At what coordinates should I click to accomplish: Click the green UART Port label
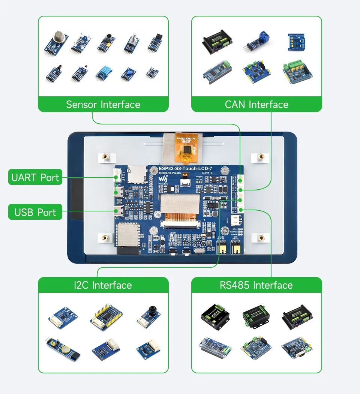pyautogui.click(x=35, y=177)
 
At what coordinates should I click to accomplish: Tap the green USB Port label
pyautogui.click(x=35, y=212)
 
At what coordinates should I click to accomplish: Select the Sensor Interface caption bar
pyautogui.click(x=103, y=104)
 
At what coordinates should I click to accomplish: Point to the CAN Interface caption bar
pyautogui.click(x=256, y=104)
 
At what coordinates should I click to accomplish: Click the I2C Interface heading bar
pyautogui.click(x=103, y=285)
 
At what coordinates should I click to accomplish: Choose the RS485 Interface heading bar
pyautogui.click(x=256, y=285)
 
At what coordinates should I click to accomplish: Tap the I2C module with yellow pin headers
pyautogui.click(x=103, y=317)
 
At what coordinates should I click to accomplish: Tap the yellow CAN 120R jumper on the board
pyautogui.click(x=236, y=248)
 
